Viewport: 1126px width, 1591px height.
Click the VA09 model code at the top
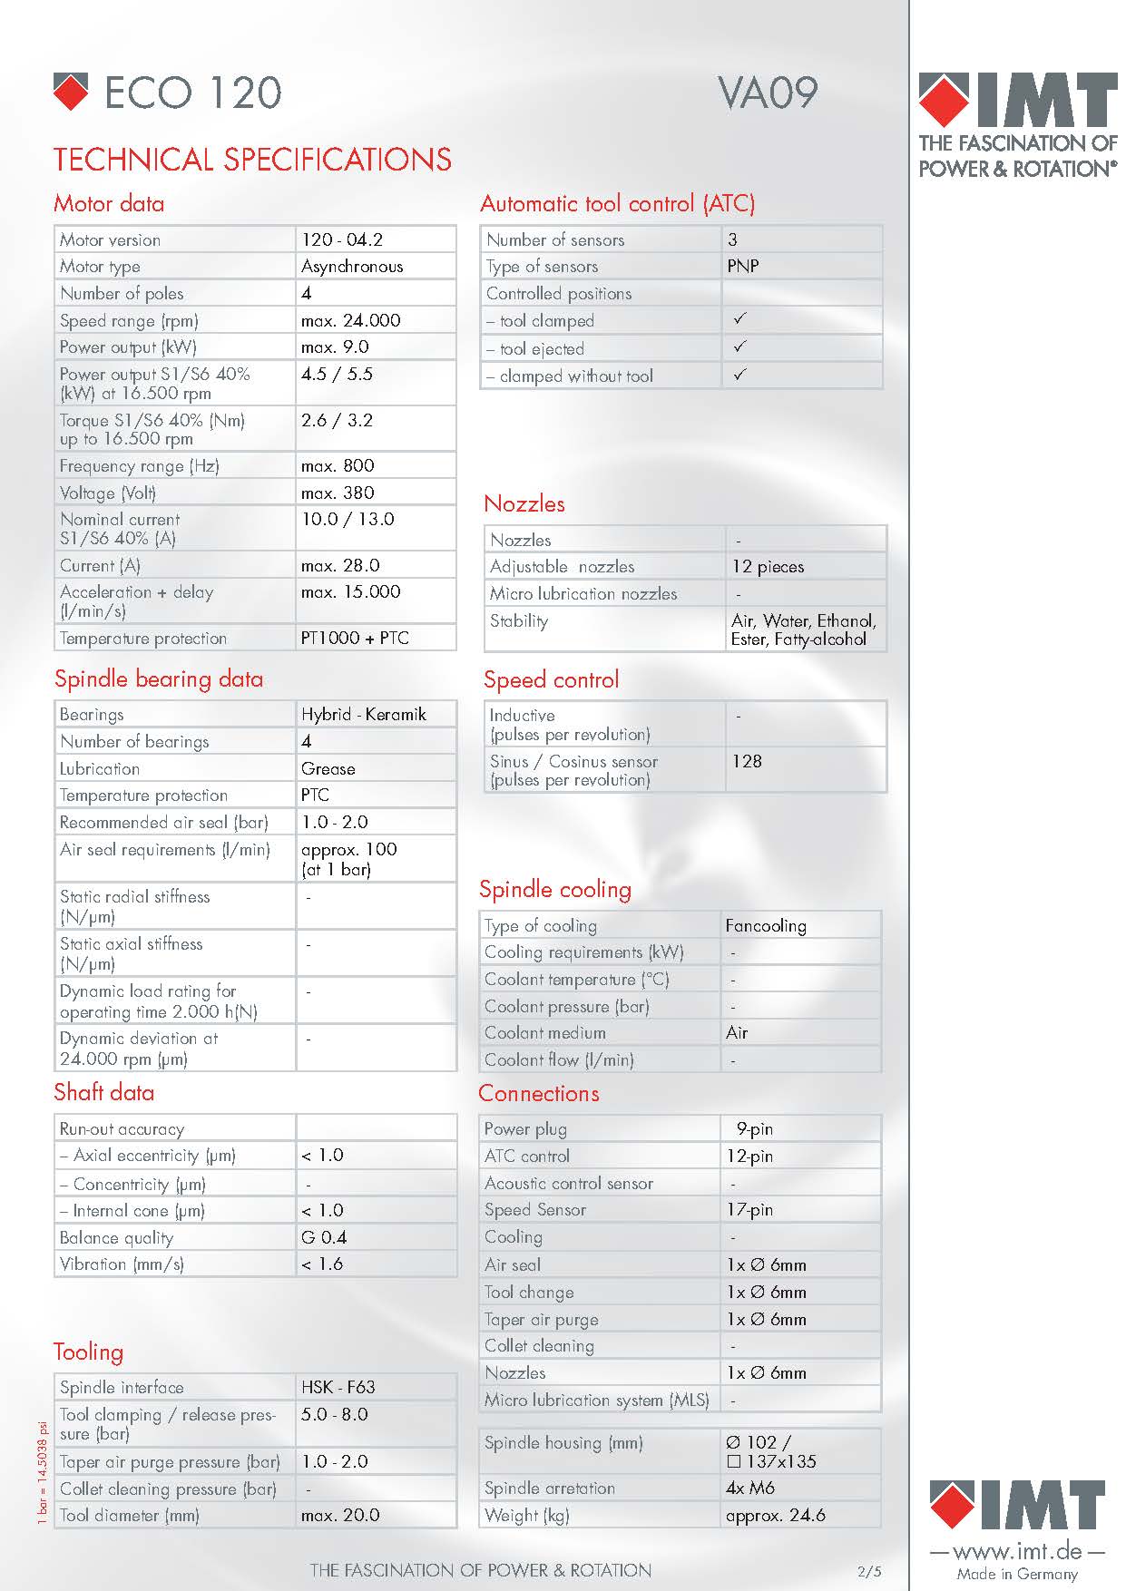(768, 93)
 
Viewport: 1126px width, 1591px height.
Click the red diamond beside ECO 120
(71, 92)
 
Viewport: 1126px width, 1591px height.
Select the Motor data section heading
(109, 203)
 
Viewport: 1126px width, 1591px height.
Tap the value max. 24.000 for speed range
(350, 320)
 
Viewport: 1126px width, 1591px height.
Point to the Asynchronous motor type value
(352, 267)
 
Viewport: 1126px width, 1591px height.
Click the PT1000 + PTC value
(355, 639)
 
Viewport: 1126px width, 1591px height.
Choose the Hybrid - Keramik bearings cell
(363, 715)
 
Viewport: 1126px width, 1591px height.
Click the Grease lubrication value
(328, 769)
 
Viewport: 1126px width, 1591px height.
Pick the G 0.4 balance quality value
(324, 1237)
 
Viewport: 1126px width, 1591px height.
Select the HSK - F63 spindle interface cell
(338, 1387)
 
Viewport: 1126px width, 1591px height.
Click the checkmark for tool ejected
(740, 347)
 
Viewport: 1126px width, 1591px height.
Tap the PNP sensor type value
(742, 267)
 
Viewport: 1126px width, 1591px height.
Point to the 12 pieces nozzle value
(768, 567)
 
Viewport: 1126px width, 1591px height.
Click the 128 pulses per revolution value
(747, 761)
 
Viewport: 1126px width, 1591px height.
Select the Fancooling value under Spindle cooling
(765, 926)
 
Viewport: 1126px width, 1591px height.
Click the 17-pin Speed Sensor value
(749, 1210)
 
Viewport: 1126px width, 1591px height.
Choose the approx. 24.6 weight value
(775, 1515)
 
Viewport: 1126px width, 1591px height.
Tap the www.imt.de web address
(1016, 1551)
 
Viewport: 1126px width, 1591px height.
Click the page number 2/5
(868, 1572)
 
